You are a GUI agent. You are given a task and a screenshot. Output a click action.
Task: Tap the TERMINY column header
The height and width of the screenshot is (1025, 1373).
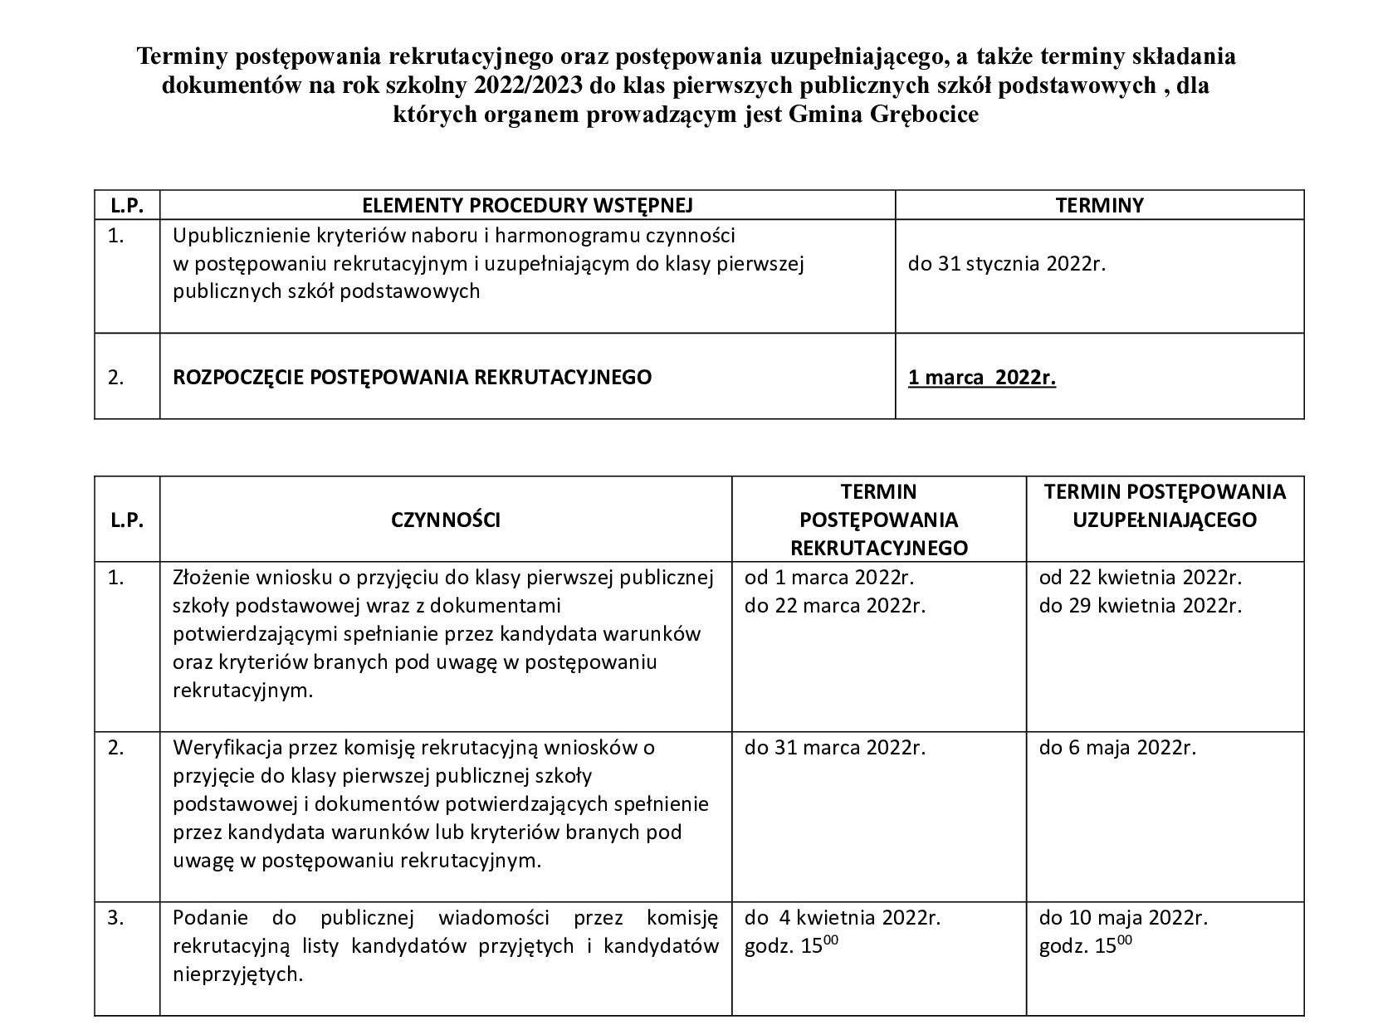point(1099,205)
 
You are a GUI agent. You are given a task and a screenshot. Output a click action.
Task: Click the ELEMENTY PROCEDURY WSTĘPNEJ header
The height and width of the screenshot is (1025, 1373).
point(527,205)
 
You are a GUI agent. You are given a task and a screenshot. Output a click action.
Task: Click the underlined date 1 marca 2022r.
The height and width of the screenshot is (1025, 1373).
point(982,378)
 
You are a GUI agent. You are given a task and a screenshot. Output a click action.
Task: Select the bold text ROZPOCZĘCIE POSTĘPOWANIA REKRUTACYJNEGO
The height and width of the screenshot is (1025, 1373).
point(412,377)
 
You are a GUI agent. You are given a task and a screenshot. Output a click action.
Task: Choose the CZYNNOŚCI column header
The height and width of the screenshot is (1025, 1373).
point(446,520)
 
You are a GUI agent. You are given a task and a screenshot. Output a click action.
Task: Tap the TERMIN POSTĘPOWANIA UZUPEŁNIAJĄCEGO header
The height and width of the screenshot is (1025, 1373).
point(1165,505)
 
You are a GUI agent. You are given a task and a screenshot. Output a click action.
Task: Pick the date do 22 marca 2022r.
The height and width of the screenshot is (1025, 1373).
point(834,605)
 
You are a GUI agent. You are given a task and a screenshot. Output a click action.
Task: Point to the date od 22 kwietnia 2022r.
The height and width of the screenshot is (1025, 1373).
point(1141,577)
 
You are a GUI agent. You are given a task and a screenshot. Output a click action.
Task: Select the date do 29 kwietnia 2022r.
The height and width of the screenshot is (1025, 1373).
point(1141,605)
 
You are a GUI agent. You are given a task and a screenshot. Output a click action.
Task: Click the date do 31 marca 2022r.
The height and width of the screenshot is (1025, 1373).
point(834,747)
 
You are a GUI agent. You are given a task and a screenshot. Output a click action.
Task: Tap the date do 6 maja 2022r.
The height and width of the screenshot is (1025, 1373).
point(1117,747)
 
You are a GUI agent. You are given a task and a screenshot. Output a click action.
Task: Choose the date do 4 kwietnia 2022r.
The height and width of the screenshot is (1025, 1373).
point(842,918)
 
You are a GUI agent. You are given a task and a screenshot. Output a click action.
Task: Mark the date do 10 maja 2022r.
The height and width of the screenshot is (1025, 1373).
point(1123,918)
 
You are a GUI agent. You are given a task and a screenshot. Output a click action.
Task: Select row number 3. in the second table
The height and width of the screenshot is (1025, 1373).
point(116,918)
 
